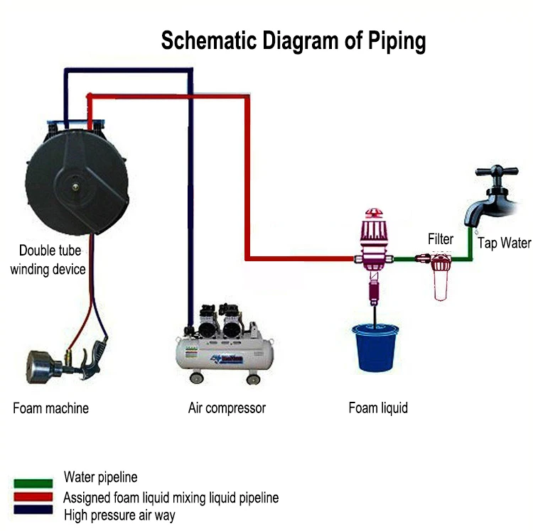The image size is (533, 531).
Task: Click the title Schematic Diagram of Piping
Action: tap(294, 40)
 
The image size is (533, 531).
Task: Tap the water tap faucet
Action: tap(493, 200)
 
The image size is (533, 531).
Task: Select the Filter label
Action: tap(441, 239)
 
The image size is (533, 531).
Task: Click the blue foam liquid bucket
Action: tap(375, 348)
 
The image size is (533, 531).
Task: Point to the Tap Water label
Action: tap(504, 243)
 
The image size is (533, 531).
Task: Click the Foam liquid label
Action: tap(378, 407)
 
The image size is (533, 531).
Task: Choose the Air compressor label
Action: tap(227, 408)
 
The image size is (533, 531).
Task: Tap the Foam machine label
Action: tap(50, 408)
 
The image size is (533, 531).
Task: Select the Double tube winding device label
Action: tap(48, 260)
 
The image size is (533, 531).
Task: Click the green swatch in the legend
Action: tap(33, 483)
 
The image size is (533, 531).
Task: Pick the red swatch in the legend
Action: tap(33, 496)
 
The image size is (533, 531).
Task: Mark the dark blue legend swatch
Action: tap(33, 510)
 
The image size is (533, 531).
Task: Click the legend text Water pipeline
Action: tap(101, 477)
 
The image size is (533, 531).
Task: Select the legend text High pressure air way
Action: tap(119, 515)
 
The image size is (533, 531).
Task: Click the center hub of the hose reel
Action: tap(75, 186)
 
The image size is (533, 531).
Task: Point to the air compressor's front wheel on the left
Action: tap(196, 378)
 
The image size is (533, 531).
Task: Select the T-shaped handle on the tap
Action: tap(497, 170)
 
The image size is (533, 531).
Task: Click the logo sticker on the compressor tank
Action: tap(227, 358)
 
